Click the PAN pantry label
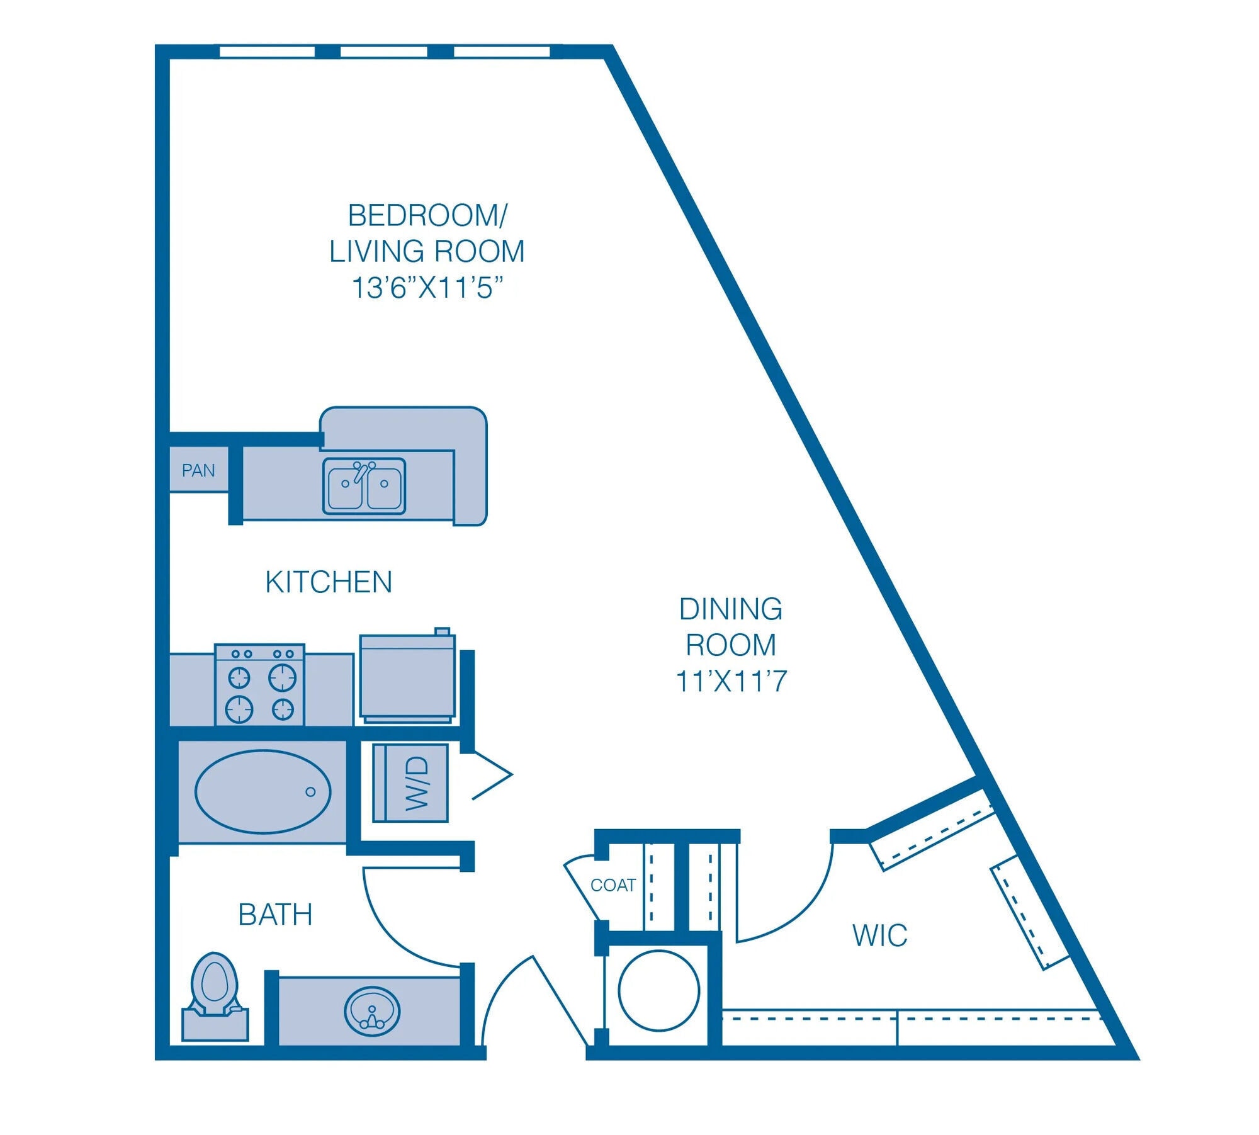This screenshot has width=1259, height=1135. point(198,470)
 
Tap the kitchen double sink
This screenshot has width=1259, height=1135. point(364,486)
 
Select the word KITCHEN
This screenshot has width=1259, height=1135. point(329,582)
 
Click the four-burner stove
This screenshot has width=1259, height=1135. point(260,685)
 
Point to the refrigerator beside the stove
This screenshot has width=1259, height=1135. point(407,677)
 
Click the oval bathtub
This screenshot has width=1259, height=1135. point(263,791)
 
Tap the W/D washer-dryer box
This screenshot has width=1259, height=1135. point(410,783)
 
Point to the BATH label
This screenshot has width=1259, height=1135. point(275,915)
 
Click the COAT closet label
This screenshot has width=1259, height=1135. point(613,885)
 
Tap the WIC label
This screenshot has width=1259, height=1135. point(879,935)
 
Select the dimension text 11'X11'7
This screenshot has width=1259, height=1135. point(731,682)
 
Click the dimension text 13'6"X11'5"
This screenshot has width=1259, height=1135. point(427,288)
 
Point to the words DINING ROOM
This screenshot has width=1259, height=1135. point(731,627)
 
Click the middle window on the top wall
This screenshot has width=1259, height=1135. point(383,52)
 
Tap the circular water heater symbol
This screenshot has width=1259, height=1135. point(658,990)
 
